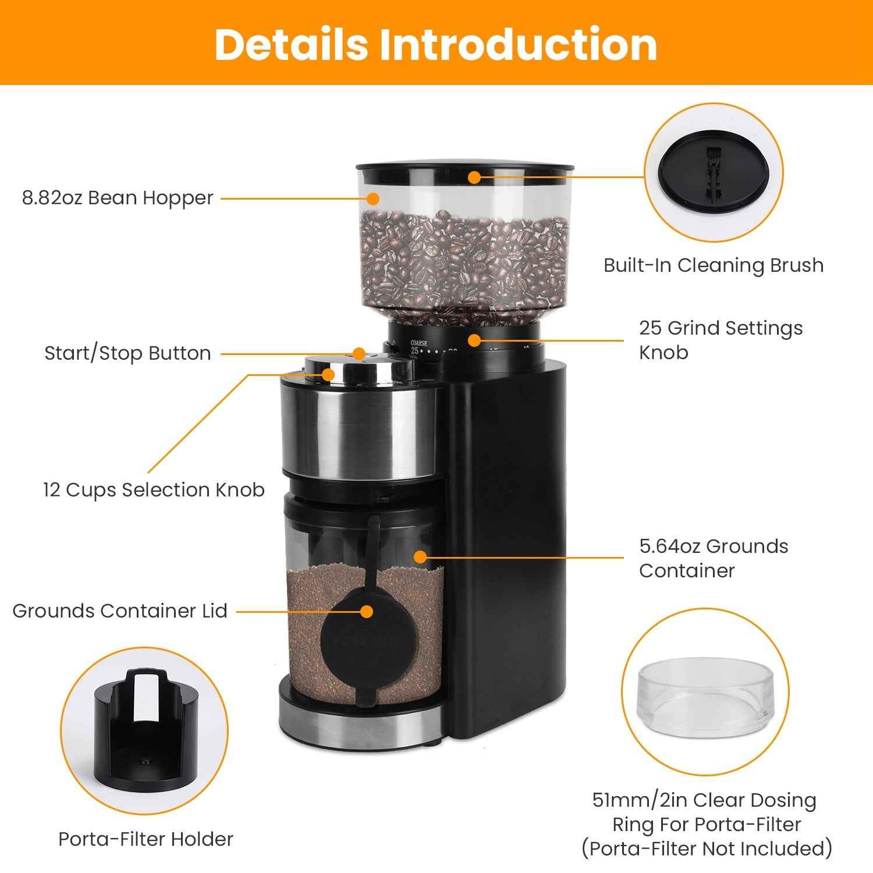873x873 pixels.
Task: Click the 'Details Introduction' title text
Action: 436,45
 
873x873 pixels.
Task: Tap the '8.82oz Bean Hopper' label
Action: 118,198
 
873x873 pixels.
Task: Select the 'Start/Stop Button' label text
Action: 127,354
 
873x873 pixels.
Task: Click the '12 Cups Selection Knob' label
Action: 154,490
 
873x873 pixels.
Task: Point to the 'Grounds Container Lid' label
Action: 120,611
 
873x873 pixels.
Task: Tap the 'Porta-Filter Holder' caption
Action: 145,839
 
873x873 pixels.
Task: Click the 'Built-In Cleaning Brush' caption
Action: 714,265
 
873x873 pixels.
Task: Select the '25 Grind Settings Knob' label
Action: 721,340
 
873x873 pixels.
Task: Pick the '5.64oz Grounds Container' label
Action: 714,558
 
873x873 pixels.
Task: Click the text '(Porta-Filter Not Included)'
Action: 707,849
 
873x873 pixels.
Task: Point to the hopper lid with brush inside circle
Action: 714,175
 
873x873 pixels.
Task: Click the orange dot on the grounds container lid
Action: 366,611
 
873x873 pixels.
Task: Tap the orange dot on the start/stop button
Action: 359,353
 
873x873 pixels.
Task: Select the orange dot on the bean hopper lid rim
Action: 475,177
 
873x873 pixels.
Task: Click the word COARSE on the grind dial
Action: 418,343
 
